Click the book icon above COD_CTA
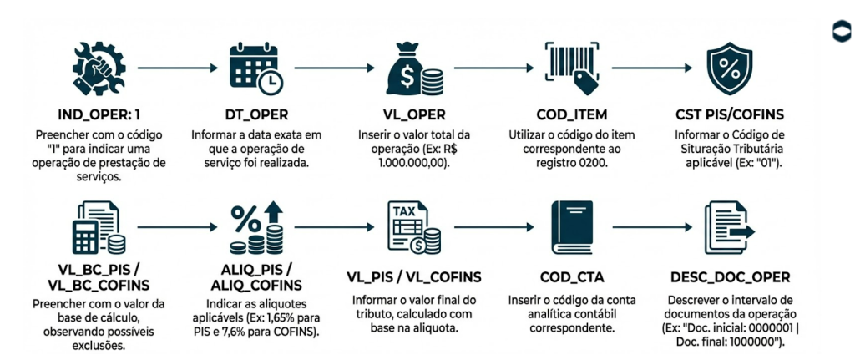pos(571,228)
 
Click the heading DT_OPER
pos(255,114)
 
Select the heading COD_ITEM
pos(572,114)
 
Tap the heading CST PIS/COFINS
pos(730,114)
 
